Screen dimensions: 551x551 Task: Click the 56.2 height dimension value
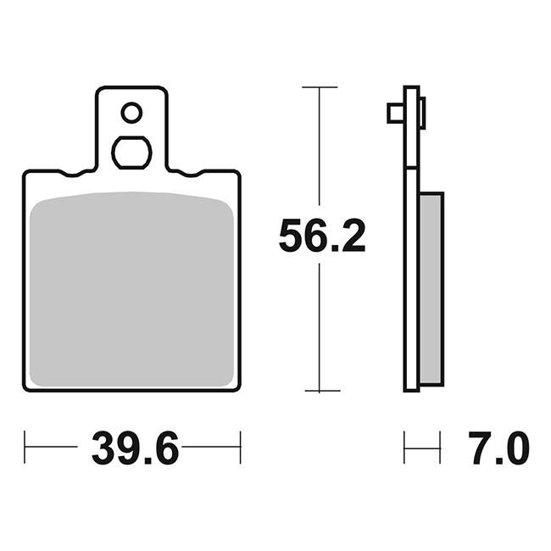coord(322,235)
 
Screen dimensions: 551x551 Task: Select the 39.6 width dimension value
coord(136,447)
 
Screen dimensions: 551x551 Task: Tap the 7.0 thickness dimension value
coord(498,448)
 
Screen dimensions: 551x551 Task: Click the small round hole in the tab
coord(131,113)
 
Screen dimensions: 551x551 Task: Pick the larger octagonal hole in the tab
coord(131,153)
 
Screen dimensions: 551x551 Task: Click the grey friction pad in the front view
coord(131,289)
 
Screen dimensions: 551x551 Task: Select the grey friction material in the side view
coord(431,288)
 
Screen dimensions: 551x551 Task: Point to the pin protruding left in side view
coord(396,113)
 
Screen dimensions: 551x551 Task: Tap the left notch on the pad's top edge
coord(73,174)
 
